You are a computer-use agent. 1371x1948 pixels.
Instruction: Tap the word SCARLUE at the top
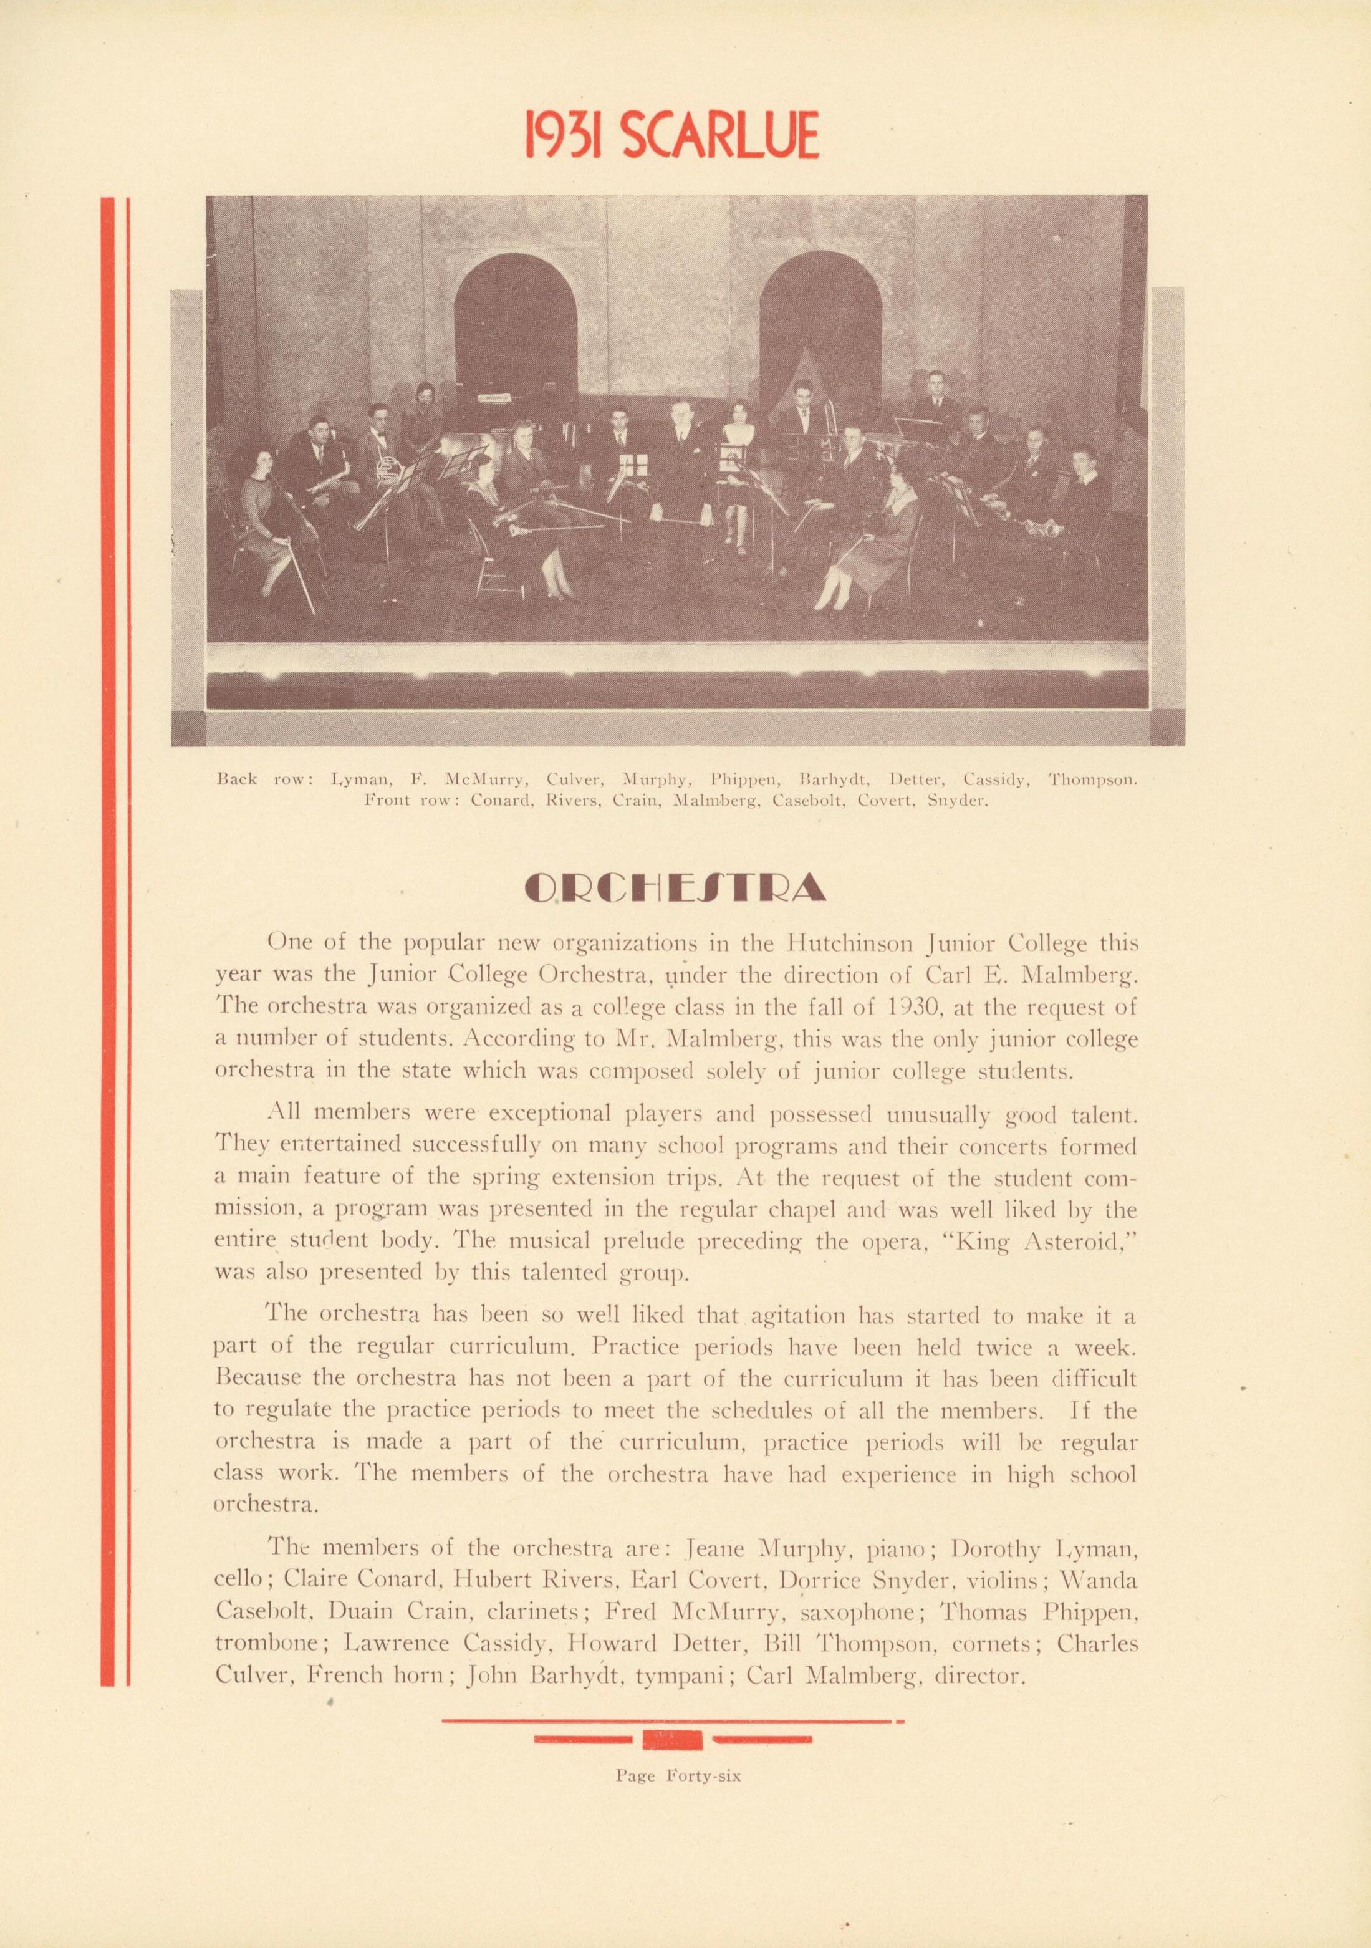(719, 136)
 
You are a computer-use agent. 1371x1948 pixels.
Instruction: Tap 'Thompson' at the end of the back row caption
(1092, 778)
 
